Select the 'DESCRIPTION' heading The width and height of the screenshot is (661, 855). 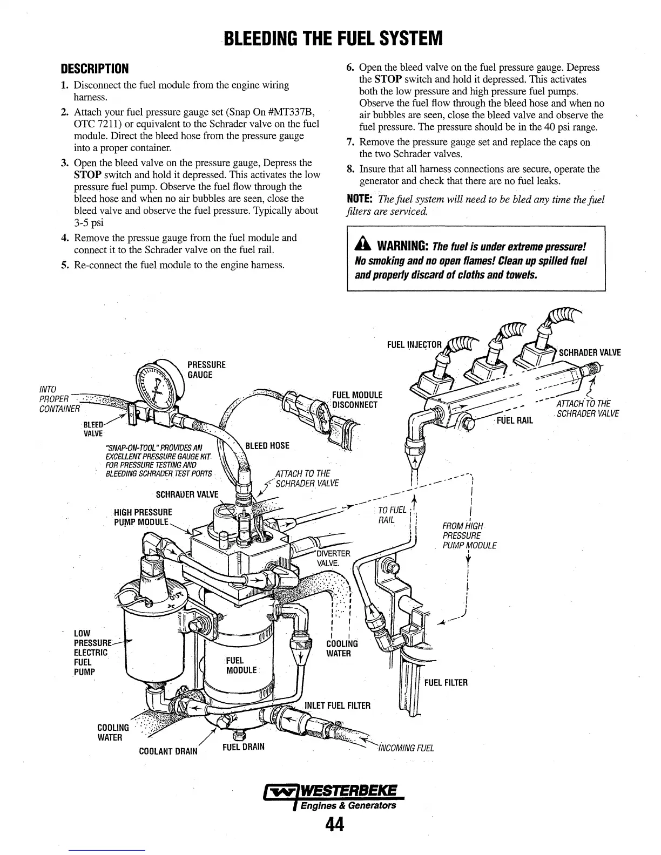95,69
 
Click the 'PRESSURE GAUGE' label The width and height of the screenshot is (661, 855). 206,370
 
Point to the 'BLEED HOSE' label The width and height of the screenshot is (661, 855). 267,446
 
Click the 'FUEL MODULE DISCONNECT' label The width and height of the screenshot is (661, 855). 357,400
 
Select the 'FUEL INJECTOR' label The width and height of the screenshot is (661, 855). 414,345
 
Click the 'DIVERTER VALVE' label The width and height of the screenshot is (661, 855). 333,558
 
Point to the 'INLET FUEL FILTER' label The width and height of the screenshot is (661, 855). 338,705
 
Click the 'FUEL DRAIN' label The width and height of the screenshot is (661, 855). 243,747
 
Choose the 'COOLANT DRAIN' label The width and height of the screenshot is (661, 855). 168,751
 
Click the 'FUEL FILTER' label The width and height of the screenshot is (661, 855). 446,683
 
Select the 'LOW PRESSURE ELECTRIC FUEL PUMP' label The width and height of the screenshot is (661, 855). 92,652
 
